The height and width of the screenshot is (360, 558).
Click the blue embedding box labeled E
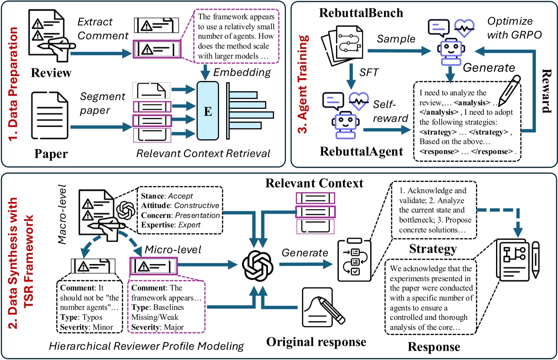pyautogui.click(x=208, y=112)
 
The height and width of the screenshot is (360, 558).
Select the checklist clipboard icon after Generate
pyautogui.click(x=350, y=264)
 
